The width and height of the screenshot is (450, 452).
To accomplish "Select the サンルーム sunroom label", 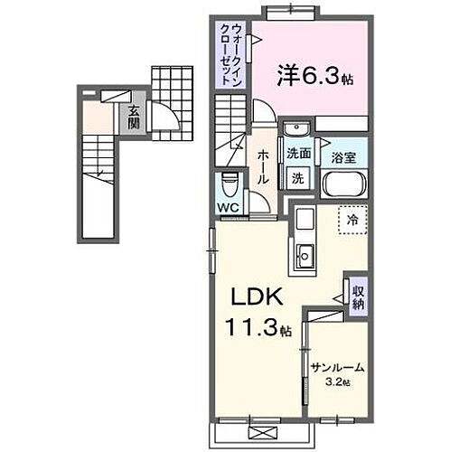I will point(337,369).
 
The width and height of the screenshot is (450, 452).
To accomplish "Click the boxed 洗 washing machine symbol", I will point(297,178).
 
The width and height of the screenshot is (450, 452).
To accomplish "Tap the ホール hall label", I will point(262,167).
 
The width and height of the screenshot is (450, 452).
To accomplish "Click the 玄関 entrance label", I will point(133,117).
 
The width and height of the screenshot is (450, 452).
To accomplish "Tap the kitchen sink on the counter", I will point(305,256).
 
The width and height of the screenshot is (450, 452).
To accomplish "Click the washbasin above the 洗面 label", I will point(295,135).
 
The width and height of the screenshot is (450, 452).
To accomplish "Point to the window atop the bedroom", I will point(291,13).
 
